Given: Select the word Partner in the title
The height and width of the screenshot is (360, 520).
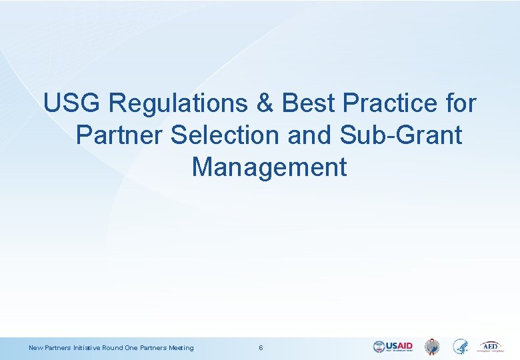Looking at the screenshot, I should [x=119, y=135].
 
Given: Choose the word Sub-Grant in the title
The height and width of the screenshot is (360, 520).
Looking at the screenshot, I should [x=401, y=135].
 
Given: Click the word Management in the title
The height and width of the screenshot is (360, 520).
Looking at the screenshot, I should [x=269, y=167].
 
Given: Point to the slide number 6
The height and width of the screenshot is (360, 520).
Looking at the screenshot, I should [x=261, y=347].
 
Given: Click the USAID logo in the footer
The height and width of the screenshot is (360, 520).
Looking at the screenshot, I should [x=393, y=347].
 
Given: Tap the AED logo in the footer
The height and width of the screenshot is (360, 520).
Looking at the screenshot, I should [x=490, y=347].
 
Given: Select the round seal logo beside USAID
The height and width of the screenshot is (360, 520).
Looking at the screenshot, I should [x=433, y=347].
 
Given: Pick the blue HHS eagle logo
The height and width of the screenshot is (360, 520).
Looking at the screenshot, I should [x=460, y=347].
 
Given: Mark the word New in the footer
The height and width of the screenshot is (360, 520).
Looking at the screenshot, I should [x=35, y=347].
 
